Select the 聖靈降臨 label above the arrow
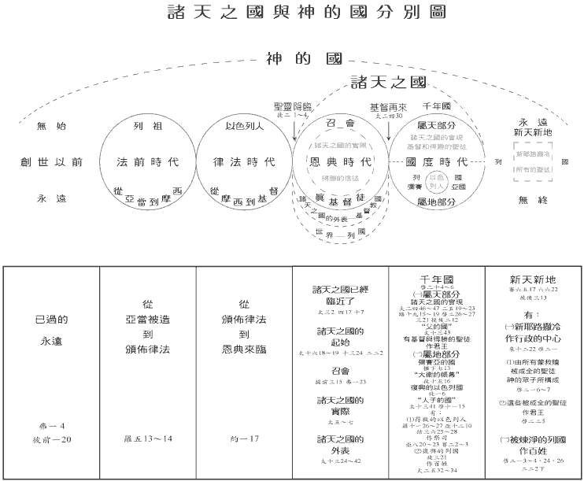293,106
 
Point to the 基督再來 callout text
388,106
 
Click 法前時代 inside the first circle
148,162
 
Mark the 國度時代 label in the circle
436,162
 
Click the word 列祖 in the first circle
148,126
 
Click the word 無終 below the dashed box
534,200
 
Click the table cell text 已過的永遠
52,331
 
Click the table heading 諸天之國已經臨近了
340,294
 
